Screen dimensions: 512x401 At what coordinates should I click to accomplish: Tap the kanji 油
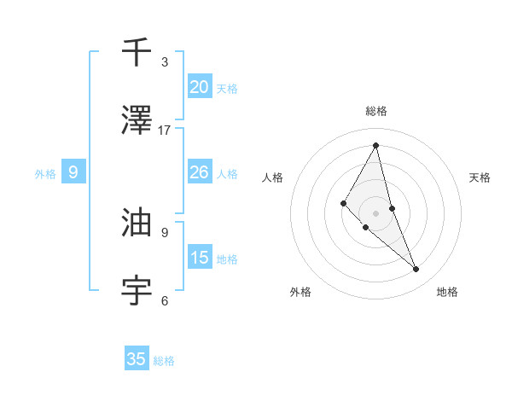coord(137,223)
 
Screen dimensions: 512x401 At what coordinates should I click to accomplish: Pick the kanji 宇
coord(137,291)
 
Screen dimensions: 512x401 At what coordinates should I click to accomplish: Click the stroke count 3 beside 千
coord(165,62)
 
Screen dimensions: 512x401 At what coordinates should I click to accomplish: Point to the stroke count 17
coord(165,131)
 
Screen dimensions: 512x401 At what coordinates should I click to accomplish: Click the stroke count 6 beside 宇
coord(165,300)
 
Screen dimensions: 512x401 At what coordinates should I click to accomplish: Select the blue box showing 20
coord(200,86)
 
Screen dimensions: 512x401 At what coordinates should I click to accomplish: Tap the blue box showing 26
coord(200,172)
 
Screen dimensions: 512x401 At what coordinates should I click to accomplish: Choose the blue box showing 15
coord(200,258)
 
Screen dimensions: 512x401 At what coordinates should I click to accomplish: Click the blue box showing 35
coord(137,359)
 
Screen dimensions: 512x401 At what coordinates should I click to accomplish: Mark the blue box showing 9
coord(73,172)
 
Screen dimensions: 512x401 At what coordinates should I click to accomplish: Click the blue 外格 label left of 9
coord(45,174)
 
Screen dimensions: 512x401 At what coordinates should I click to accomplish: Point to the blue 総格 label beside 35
coord(164,361)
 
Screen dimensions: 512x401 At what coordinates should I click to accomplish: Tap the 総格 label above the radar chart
coord(376,111)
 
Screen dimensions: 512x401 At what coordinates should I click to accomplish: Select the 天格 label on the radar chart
coord(480,177)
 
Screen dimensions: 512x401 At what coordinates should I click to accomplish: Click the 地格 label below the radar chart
coord(447,292)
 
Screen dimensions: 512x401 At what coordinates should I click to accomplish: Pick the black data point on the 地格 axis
coord(416,270)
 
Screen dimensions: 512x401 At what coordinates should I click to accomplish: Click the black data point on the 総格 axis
coord(376,144)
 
